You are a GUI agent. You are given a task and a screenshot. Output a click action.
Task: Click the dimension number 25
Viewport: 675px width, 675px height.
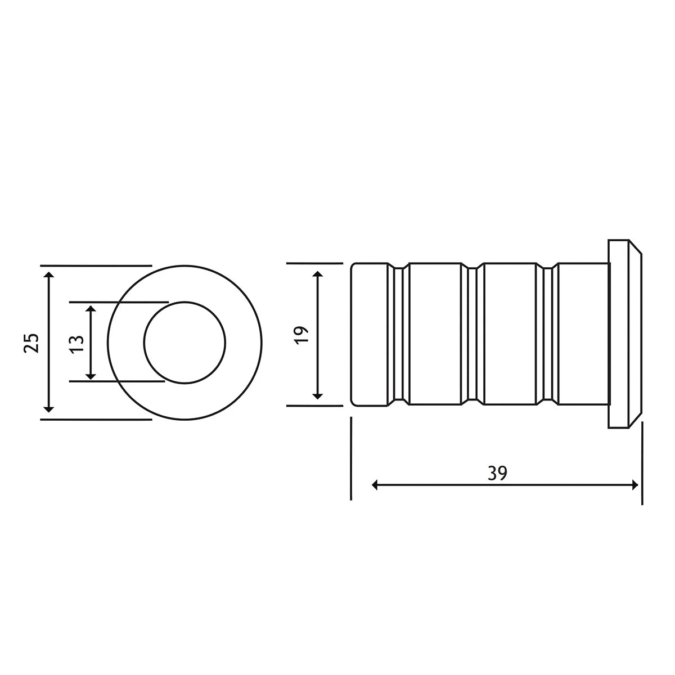click(32, 343)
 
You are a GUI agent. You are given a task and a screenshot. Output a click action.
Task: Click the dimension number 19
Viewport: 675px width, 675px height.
click(301, 334)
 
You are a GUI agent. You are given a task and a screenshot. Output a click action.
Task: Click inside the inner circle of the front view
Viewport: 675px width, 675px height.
click(184, 343)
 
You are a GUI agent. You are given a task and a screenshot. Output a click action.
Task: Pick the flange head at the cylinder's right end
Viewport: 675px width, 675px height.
click(623, 334)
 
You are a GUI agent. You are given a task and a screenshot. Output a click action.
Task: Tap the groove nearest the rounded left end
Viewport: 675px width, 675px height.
click(399, 334)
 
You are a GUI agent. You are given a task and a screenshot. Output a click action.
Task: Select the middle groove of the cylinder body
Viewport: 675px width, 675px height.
click(472, 334)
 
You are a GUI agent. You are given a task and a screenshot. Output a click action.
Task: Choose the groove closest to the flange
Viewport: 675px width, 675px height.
click(547, 334)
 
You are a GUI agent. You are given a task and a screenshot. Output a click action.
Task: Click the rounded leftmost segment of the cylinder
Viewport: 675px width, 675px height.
click(368, 334)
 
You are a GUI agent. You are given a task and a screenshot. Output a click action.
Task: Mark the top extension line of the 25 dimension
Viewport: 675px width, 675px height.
click(96, 265)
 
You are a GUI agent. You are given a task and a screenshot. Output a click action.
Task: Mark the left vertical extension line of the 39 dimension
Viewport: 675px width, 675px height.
click(350, 458)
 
